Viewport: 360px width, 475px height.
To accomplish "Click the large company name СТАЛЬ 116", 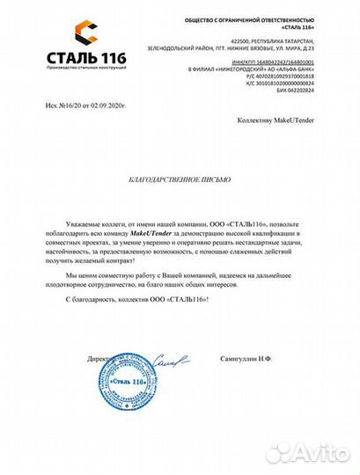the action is tap(77, 58).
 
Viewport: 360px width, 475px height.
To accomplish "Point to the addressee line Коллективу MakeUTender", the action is tap(276, 117).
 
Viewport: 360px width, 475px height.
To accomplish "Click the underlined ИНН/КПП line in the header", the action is tap(278, 60).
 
